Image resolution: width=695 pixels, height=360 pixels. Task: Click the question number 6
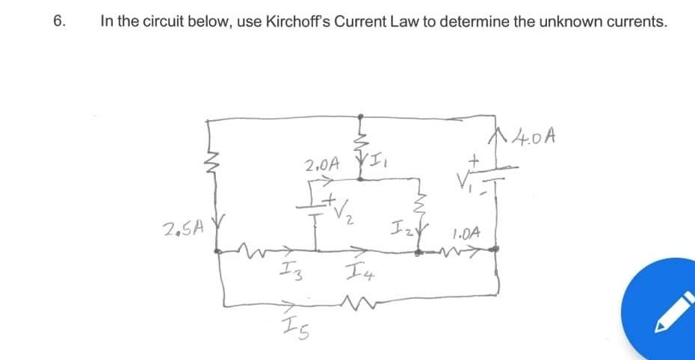59,22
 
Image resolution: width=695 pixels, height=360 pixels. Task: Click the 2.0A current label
322,163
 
